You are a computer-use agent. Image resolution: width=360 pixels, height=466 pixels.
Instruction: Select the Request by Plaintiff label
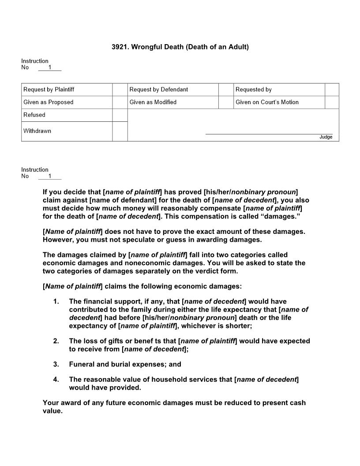tap(49, 90)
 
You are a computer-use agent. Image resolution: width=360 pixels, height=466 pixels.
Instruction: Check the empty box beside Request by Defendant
tap(225, 90)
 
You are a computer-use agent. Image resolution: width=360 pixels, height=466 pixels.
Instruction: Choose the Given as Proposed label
tap(49, 102)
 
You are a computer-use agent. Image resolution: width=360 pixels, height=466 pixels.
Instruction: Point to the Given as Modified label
tap(153, 102)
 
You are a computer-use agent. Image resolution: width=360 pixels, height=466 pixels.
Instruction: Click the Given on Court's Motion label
tap(267, 102)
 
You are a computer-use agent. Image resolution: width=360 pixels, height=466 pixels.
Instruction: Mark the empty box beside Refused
tap(120, 115)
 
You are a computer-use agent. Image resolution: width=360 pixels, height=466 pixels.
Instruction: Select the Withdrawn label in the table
tap(37, 131)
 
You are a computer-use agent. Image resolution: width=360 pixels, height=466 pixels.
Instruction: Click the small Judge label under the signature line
tap(326, 137)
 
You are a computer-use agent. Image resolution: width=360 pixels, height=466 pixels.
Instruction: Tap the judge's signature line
tap(269, 133)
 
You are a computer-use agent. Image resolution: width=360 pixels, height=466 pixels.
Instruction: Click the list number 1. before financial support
tap(56, 302)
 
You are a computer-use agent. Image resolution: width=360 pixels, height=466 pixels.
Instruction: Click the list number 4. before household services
tap(56, 380)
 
